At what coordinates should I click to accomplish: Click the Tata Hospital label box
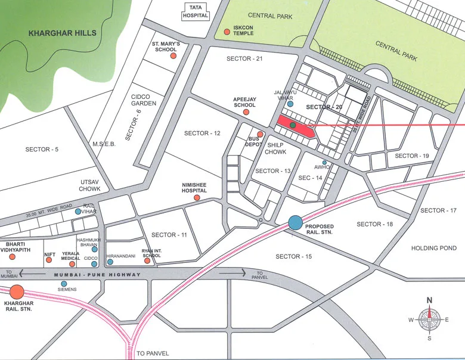coord(196,11)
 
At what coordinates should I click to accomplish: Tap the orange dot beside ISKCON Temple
coord(227,32)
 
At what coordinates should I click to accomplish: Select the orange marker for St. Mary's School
coord(173,55)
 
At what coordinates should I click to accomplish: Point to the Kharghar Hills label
coord(62,34)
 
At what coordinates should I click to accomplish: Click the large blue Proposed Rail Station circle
coord(295,223)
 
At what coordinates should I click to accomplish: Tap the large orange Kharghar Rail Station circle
coord(17,292)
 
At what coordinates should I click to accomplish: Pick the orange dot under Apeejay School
coord(246,111)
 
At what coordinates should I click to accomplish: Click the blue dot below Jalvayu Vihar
coord(290,104)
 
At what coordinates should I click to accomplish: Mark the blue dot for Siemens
coord(64,283)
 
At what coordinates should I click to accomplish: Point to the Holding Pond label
coord(434,248)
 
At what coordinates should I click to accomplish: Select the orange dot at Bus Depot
coord(260,134)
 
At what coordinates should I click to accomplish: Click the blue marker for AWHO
coord(324,163)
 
